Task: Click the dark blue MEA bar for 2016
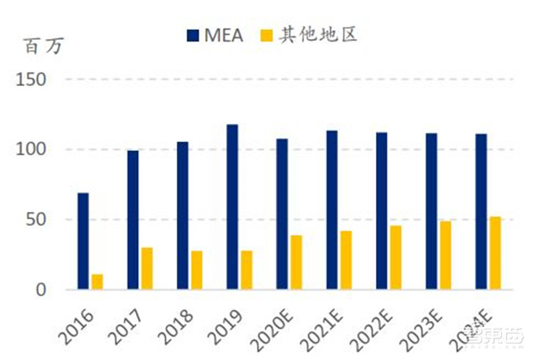(83, 241)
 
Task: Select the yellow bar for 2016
(97, 282)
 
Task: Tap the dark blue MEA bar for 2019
(232, 207)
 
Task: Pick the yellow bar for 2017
(147, 269)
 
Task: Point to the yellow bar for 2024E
(495, 253)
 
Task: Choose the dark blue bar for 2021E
(332, 210)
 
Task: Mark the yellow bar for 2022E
(395, 257)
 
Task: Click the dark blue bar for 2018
(182, 216)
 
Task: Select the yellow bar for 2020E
(296, 262)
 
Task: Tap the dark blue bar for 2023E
(431, 211)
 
